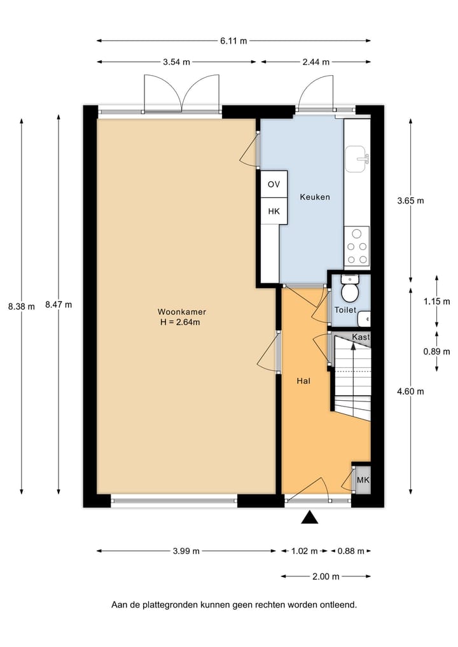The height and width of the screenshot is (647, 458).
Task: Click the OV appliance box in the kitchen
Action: (274, 184)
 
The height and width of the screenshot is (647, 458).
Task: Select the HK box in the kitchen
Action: (274, 211)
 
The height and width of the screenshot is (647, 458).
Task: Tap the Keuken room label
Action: (315, 197)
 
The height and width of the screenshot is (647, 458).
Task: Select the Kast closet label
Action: (361, 337)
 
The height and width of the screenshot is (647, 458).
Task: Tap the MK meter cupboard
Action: (363, 480)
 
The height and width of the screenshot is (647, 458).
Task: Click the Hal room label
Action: (303, 381)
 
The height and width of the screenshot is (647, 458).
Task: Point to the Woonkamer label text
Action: (182, 312)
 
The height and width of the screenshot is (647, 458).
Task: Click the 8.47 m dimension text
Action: (59, 305)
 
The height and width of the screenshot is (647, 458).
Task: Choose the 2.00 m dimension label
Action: (326, 576)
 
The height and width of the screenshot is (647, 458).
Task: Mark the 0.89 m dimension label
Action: (436, 351)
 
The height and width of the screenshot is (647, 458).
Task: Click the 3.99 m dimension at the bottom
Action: (186, 551)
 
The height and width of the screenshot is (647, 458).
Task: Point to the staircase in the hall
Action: (352, 382)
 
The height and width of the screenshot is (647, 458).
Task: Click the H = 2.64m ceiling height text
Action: (182, 322)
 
